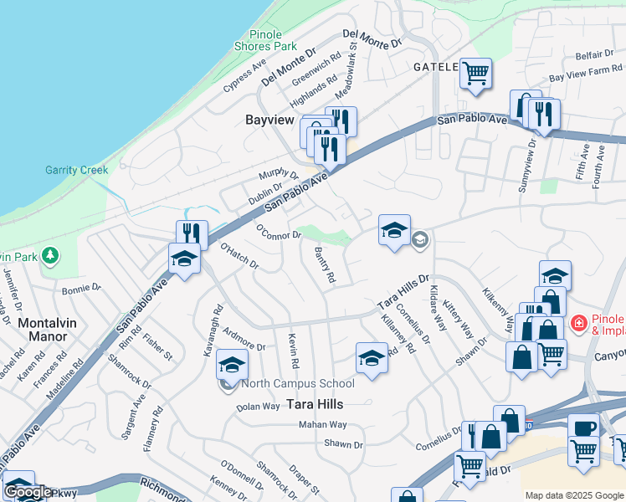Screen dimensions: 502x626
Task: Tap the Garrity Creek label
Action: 76,170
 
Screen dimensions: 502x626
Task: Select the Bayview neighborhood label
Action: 269,120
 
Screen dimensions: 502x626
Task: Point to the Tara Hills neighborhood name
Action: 316,403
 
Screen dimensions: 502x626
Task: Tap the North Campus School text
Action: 297,384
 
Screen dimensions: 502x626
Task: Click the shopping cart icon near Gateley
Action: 475,73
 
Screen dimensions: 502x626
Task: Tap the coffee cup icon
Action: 584,428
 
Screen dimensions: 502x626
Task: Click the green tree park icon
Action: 51,254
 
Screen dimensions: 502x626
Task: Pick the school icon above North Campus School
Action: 233,365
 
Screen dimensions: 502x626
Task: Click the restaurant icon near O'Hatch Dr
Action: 192,234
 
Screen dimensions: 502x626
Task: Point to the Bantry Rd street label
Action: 325,264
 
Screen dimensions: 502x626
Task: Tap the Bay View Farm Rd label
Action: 585,73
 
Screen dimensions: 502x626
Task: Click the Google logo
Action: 28,492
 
